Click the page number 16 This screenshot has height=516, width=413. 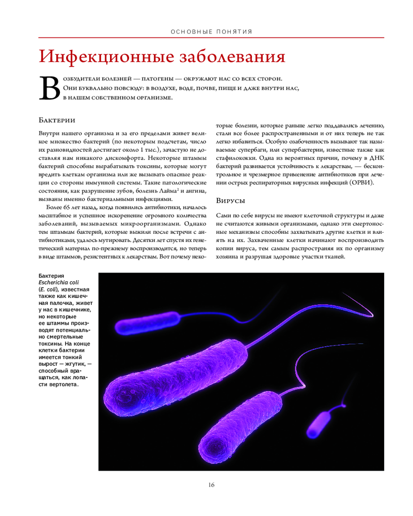coord(211,485)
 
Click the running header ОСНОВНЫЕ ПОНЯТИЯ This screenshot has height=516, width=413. coord(211,32)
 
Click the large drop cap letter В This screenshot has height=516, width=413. coord(50,89)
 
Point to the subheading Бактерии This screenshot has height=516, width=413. coord(57,120)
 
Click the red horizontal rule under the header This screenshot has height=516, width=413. coord(211,38)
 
